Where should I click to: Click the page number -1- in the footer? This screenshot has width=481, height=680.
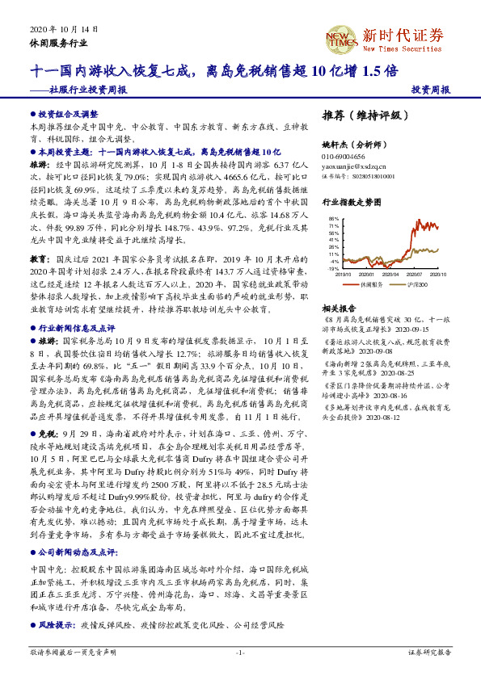(240, 652)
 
